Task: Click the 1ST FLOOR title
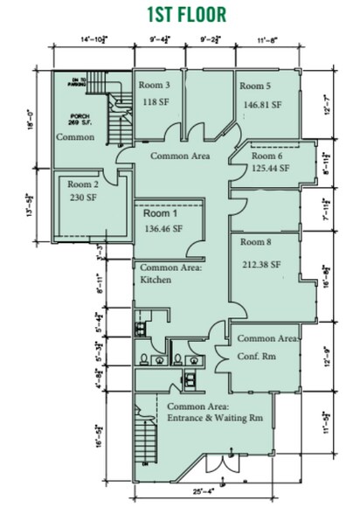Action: point(180,15)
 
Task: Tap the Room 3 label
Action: point(155,86)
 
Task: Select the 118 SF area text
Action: point(154,101)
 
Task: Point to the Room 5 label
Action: point(256,87)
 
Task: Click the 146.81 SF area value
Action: point(264,104)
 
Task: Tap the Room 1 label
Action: point(159,213)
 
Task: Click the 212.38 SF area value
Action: point(263,264)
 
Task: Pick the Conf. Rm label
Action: point(255,358)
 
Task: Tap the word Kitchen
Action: point(156,280)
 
